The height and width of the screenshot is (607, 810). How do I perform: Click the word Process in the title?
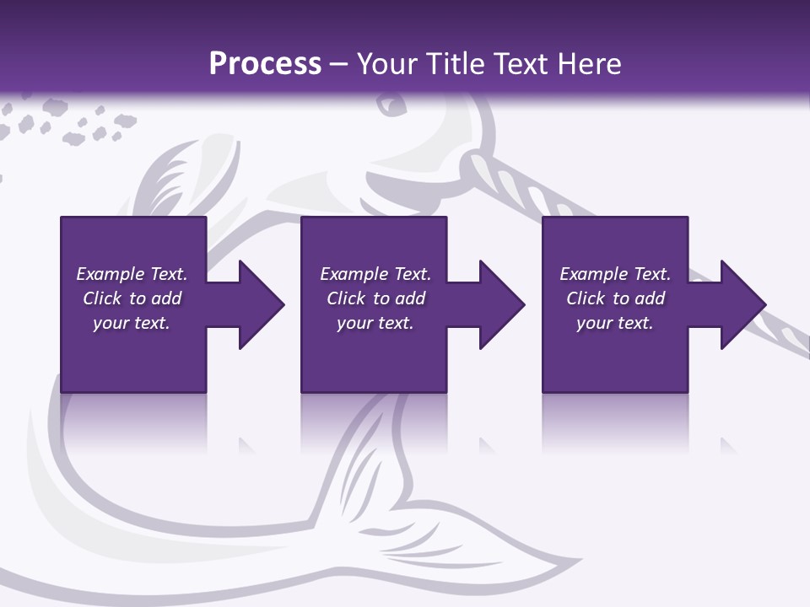265,63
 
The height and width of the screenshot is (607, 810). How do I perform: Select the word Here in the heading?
587,64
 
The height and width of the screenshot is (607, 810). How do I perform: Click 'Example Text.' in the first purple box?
132,274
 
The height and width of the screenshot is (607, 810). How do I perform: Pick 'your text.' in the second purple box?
375,323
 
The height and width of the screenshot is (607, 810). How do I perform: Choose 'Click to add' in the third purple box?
615,298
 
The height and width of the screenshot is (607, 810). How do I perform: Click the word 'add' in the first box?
166,298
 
